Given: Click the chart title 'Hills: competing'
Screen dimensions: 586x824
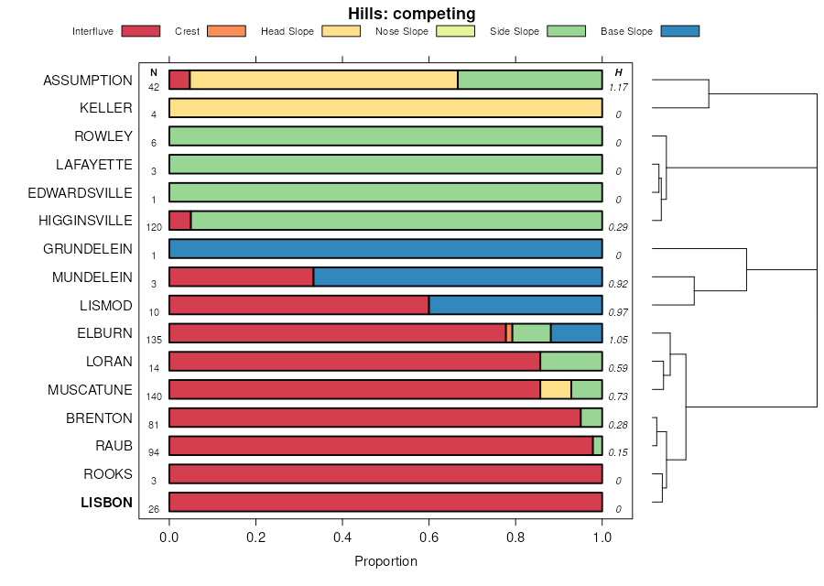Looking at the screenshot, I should [x=411, y=14].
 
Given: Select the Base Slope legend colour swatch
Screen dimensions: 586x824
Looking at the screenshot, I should [x=679, y=31].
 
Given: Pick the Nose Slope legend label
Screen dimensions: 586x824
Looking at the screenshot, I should [x=401, y=31].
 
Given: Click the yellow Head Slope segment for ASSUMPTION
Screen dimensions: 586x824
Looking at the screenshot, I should [x=323, y=80].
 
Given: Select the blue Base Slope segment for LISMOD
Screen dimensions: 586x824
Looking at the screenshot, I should [x=515, y=305].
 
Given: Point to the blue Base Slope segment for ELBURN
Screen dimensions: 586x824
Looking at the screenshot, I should [x=576, y=333].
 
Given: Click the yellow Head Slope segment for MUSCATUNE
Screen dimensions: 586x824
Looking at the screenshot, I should [x=556, y=389].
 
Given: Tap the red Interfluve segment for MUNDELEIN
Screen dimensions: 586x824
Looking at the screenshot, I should [x=242, y=277].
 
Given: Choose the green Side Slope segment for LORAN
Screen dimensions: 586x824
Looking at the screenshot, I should [x=571, y=362].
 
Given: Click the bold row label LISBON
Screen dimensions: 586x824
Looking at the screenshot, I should [x=106, y=503].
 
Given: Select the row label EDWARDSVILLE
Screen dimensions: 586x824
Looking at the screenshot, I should [x=80, y=193].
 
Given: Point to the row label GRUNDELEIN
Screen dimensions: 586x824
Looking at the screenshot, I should [x=88, y=249].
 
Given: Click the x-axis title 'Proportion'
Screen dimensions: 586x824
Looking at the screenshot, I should [x=385, y=561].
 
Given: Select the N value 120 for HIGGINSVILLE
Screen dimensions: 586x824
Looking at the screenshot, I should [x=154, y=227].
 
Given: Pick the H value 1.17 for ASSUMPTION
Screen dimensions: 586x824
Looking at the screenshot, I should [x=619, y=87].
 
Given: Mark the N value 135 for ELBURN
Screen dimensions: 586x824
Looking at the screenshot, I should [x=154, y=340].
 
